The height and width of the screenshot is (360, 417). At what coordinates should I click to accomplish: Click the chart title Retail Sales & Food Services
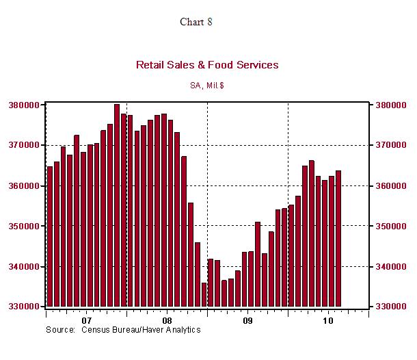click(x=207, y=65)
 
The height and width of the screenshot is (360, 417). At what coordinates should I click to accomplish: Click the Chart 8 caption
click(x=196, y=22)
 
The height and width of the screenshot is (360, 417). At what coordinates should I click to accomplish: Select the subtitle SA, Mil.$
click(x=206, y=86)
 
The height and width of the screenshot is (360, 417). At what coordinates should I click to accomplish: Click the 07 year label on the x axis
click(x=86, y=320)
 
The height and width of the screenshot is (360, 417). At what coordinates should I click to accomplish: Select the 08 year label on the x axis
click(x=167, y=320)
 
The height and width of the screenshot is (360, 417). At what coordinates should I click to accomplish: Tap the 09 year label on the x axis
click(x=247, y=320)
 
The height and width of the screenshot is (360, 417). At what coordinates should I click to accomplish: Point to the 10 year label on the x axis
click(x=328, y=320)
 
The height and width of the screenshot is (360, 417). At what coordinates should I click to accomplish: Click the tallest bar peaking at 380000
click(x=117, y=205)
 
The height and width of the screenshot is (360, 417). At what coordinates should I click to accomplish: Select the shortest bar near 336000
click(x=204, y=295)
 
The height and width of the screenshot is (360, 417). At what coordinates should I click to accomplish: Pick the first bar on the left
click(x=50, y=236)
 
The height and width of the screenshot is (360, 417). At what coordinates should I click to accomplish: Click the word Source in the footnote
click(x=59, y=330)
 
